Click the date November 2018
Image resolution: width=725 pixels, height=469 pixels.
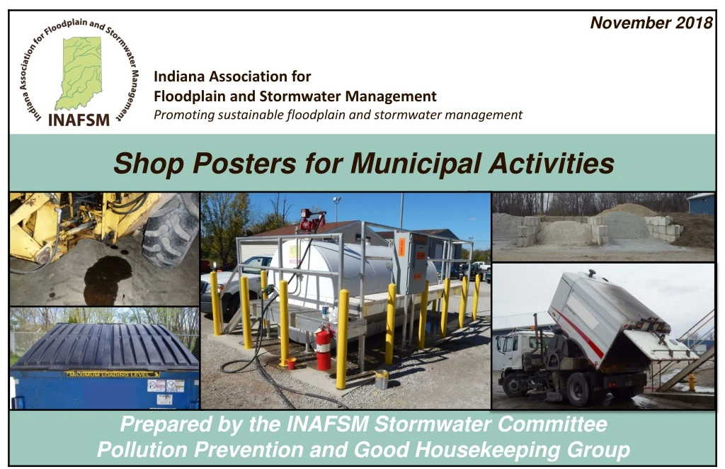[x=651, y=23]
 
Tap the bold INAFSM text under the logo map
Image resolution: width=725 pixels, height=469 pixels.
[x=79, y=120]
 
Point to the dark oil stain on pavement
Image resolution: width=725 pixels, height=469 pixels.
[x=106, y=276]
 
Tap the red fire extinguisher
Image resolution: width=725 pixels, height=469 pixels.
[x=323, y=347]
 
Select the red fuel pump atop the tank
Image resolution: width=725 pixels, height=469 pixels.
[x=309, y=221]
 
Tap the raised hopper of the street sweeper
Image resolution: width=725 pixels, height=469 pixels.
[x=602, y=312]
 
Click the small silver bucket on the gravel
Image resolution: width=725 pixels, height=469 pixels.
[x=382, y=380]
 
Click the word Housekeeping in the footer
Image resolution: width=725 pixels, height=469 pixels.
[x=493, y=450]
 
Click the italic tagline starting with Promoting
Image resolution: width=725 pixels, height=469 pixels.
[x=338, y=115]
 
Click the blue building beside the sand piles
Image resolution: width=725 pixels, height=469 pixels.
[x=701, y=204]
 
